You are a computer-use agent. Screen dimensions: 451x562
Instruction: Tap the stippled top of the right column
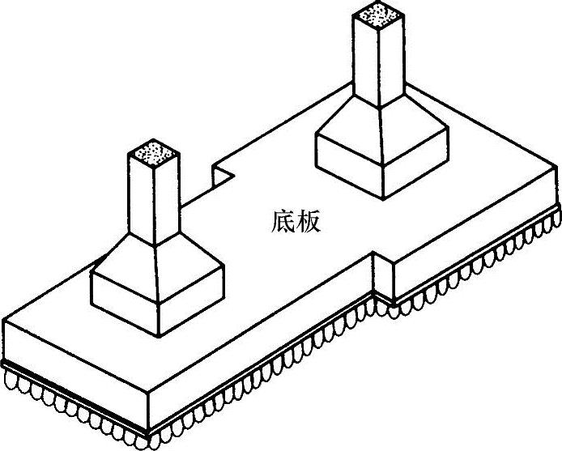click(x=378, y=14)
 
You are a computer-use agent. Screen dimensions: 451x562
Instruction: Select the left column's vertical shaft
click(x=154, y=198)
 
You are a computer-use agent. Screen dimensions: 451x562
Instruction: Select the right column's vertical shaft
click(x=378, y=61)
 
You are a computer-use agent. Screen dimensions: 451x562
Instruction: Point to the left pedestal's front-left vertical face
click(x=121, y=300)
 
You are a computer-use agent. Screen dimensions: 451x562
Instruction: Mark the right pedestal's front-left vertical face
click(x=346, y=162)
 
